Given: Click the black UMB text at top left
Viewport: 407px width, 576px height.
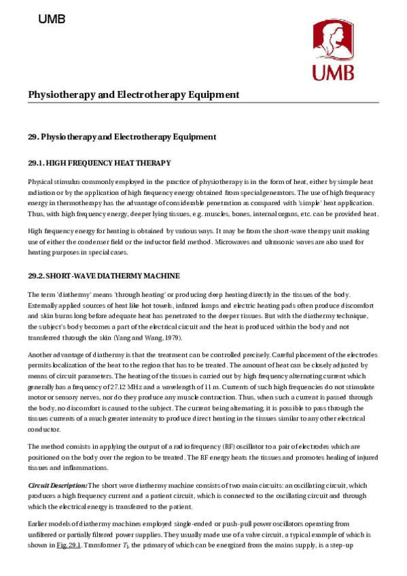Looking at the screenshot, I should [52, 20].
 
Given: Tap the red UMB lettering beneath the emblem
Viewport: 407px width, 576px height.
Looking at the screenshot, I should [333, 72].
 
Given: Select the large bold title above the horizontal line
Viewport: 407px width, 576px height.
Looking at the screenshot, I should [133, 94].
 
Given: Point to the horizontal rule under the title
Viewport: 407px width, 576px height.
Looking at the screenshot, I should [203, 103].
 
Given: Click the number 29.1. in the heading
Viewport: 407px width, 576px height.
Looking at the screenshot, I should [36, 163].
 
